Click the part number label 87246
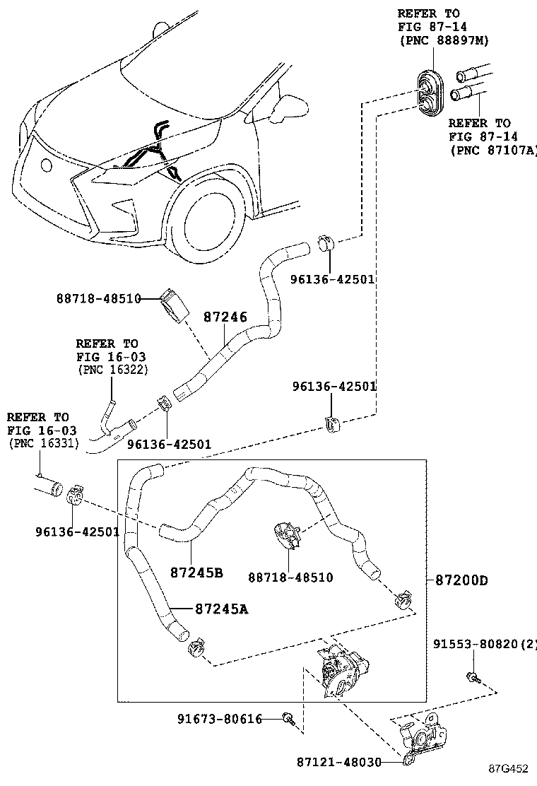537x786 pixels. pyautogui.click(x=225, y=317)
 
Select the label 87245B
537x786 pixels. pyautogui.click(x=196, y=572)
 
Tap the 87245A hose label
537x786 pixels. pyautogui.click(x=221, y=609)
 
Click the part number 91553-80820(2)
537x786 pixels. pyautogui.click(x=485, y=644)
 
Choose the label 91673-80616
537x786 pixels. pyautogui.click(x=220, y=720)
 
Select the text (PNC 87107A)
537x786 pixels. pyautogui.click(x=493, y=150)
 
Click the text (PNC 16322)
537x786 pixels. pyautogui.click(x=112, y=370)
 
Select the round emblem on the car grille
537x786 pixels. pyautogui.click(x=47, y=165)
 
